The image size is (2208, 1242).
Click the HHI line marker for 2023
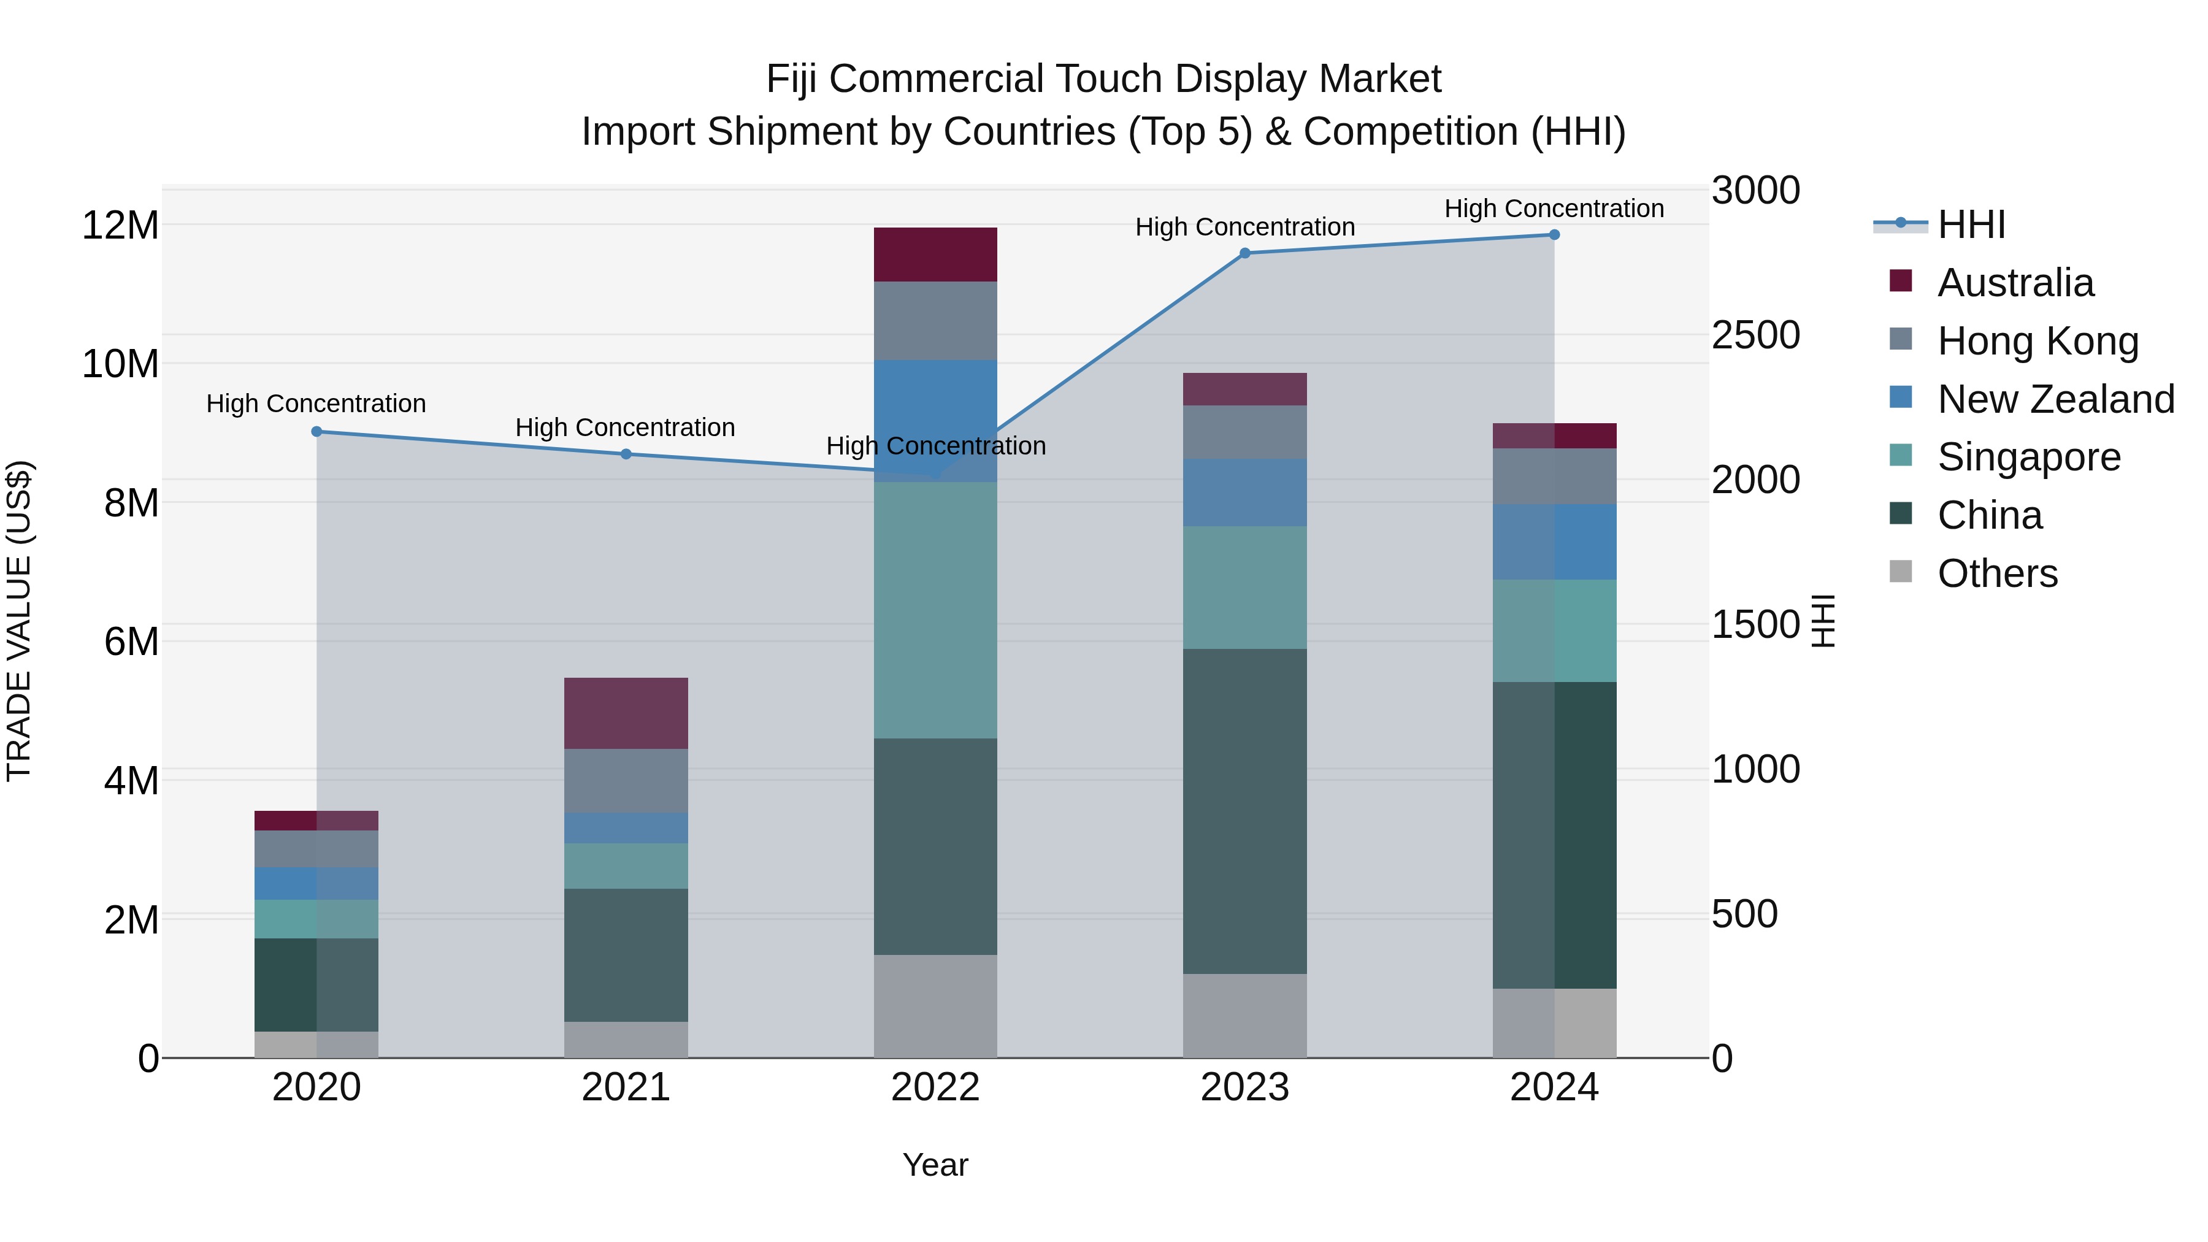pyautogui.click(x=1244, y=253)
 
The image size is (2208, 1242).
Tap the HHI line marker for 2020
pyautogui.click(x=316, y=431)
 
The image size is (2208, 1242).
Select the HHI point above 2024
pyautogui.click(x=1554, y=235)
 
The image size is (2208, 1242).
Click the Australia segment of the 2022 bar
pyautogui.click(x=935, y=255)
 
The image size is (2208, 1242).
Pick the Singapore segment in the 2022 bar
pyautogui.click(x=935, y=610)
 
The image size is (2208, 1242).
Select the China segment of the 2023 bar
pyautogui.click(x=1244, y=810)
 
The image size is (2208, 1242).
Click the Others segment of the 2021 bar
pyautogui.click(x=626, y=1039)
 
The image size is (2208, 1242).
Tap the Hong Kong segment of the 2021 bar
pyautogui.click(x=626, y=780)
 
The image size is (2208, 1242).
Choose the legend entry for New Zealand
pyautogui.click(x=2055, y=399)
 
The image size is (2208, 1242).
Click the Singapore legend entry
pyautogui.click(x=2028, y=457)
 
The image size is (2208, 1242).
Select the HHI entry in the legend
pyautogui.click(x=1971, y=224)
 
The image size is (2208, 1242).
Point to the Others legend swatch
pyautogui.click(x=1900, y=572)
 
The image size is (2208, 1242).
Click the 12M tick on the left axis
pyautogui.click(x=120, y=226)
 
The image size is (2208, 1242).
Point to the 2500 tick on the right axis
pyautogui.click(x=1755, y=335)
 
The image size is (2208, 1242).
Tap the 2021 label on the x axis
pyautogui.click(x=626, y=1087)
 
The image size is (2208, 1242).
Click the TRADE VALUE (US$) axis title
pyautogui.click(x=19, y=621)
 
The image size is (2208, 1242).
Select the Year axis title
pyautogui.click(x=935, y=1165)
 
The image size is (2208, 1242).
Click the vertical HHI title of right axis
pyautogui.click(x=1823, y=621)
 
